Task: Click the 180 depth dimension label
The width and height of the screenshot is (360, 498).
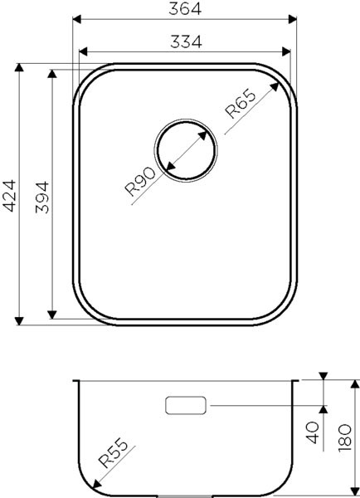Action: [348, 433]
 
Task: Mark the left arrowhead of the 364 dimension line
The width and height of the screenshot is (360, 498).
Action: [75, 18]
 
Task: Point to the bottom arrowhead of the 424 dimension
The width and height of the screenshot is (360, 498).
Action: [21, 321]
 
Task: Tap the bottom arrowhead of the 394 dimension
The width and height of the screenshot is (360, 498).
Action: [54, 315]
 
